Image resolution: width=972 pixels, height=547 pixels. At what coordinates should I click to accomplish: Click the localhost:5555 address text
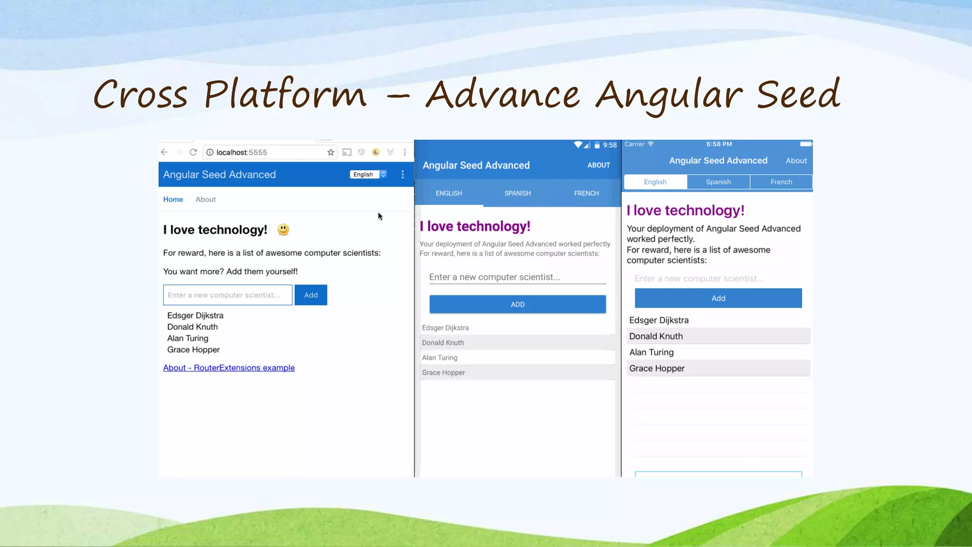[x=242, y=152]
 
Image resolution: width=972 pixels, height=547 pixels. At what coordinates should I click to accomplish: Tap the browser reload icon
[x=193, y=152]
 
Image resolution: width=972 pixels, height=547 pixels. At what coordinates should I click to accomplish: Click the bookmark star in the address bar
[x=331, y=152]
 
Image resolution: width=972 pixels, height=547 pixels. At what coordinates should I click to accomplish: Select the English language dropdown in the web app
[x=368, y=174]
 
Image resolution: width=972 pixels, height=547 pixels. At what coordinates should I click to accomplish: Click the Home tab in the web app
[x=173, y=199]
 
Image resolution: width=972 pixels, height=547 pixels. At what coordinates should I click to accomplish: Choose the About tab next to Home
[x=206, y=199]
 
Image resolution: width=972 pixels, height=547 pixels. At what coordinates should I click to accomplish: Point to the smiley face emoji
[x=283, y=230]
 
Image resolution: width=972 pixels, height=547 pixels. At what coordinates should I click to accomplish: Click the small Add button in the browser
[x=311, y=295]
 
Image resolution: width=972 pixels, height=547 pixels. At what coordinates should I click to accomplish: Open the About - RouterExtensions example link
[x=229, y=368]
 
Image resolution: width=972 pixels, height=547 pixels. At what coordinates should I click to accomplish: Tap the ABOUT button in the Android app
[x=598, y=165]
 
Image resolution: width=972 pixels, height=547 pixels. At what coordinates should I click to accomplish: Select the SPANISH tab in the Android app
[x=517, y=193]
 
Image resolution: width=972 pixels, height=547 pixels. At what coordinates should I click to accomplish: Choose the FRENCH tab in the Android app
[x=586, y=193]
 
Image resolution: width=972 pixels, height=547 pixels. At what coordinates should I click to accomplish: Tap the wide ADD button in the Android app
[x=517, y=304]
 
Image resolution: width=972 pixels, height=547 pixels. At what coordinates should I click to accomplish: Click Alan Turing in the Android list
[x=440, y=358]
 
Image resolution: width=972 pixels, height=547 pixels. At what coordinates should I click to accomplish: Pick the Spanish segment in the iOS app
[x=718, y=182]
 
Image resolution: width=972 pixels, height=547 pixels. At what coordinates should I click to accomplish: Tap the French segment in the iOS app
[x=781, y=182]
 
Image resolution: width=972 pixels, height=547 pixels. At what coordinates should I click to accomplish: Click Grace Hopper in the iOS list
[x=657, y=368]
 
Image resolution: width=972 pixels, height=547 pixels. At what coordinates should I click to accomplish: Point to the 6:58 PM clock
[x=719, y=144]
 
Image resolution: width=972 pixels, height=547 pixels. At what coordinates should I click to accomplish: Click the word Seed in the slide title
[x=798, y=94]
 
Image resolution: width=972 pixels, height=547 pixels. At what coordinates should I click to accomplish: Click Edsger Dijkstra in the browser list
[x=195, y=316]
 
